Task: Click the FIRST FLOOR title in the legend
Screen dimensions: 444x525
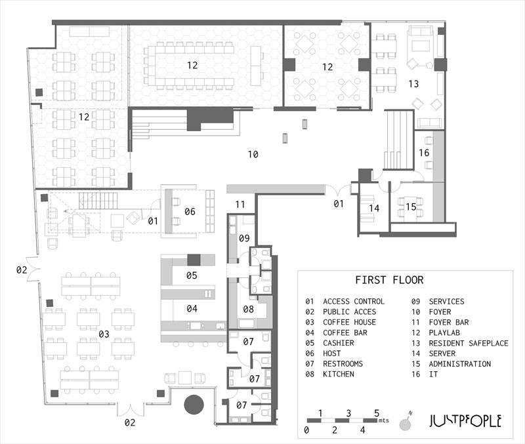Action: tap(389, 280)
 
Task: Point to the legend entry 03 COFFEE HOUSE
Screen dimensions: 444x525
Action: tap(341, 322)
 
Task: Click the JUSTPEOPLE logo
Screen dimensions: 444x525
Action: tap(465, 420)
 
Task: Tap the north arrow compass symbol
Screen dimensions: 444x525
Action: tap(406, 422)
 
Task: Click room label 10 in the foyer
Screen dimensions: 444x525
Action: tap(253, 155)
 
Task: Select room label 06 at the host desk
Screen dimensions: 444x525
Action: tap(190, 211)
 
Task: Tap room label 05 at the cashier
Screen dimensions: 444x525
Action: tap(191, 275)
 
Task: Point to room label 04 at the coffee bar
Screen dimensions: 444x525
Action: tap(191, 308)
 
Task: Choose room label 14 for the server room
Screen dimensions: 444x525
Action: tap(374, 209)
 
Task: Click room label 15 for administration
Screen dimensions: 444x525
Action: tap(411, 207)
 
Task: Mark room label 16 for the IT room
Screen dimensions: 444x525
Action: tap(424, 152)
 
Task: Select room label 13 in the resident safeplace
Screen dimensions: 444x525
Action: tap(413, 83)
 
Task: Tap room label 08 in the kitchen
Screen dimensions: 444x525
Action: tap(249, 309)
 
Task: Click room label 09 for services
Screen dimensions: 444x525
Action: tap(244, 237)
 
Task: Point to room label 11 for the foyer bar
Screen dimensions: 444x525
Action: tap(240, 204)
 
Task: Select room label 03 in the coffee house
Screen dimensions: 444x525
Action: tap(104, 334)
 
